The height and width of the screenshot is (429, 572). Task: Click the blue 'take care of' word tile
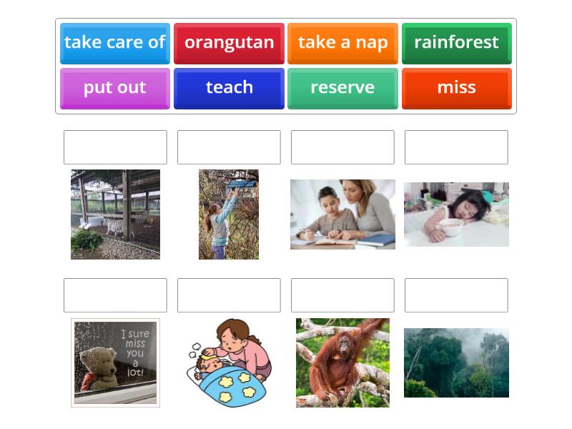pos(115,43)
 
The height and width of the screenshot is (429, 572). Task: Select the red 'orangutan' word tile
pos(229,43)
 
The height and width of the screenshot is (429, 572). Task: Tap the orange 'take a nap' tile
pos(342,43)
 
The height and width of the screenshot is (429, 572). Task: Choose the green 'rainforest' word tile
pos(456,43)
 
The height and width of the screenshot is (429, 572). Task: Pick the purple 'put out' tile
pos(115,88)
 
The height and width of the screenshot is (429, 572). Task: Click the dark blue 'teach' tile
pos(229,88)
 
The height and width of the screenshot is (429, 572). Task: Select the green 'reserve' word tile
pos(342,88)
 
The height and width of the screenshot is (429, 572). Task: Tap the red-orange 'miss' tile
pos(456,88)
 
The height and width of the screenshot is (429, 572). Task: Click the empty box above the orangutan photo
pos(342,295)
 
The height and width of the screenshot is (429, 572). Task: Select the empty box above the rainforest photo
pos(456,295)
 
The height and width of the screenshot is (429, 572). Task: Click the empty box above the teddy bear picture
pos(115,295)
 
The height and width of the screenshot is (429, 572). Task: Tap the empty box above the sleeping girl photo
pos(456,147)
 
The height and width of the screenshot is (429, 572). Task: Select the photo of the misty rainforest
pos(456,363)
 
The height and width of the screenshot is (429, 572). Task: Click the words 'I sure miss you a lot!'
pos(134,352)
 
